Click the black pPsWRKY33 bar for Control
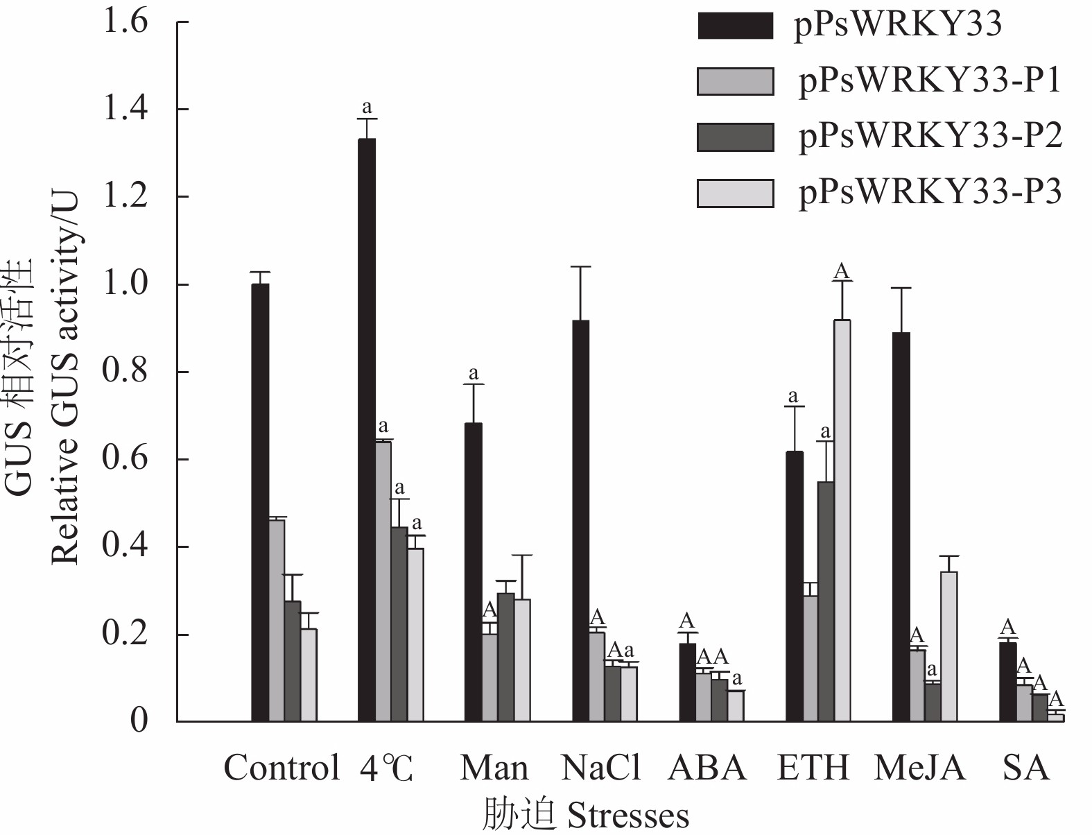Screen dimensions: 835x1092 pos(260,503)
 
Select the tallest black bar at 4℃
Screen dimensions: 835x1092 pos(367,430)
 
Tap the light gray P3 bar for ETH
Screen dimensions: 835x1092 pos(842,520)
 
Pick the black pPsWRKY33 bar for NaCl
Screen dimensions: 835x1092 pos(581,520)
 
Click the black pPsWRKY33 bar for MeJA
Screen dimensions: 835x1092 pos(901,527)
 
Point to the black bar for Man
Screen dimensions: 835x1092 pos(474,572)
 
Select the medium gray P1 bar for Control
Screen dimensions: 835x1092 pos(277,621)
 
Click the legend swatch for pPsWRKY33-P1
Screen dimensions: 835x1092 pos(735,81)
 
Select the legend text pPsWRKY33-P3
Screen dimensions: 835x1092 pos(930,192)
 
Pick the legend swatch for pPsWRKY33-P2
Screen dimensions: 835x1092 pos(735,137)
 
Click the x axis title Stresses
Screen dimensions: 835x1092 pos(628,816)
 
